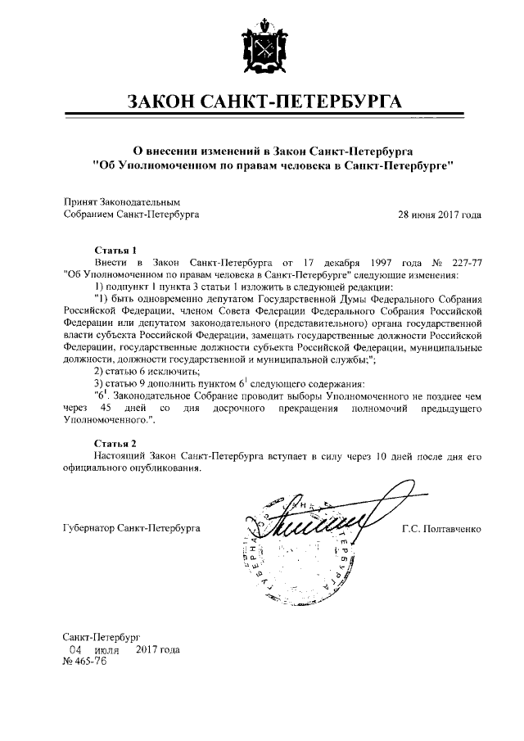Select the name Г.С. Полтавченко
pos(441,529)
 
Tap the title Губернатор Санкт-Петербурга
pos(132,529)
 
